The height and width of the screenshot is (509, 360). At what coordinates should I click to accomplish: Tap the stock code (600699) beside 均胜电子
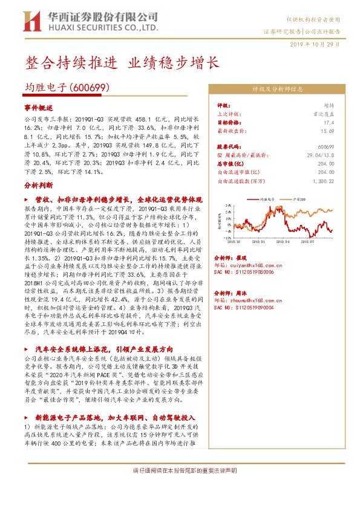[90, 88]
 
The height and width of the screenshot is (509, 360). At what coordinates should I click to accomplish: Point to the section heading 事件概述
[39, 106]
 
